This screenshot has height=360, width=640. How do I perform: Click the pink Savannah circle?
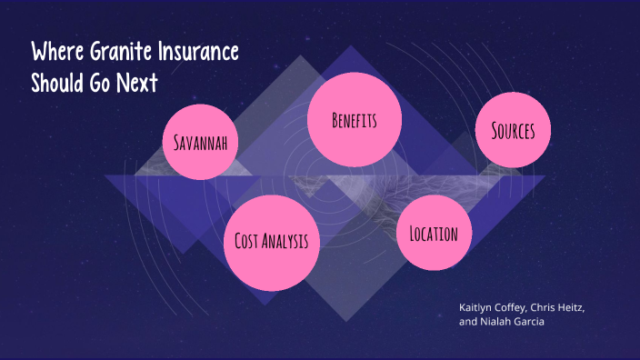[200, 143]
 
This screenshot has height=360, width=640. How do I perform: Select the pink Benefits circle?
[354, 121]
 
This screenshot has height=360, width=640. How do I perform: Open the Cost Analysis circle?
[271, 241]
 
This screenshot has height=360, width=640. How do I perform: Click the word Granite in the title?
[122, 52]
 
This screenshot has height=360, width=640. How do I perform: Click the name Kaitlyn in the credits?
[478, 307]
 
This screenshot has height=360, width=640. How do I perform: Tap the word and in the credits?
[468, 322]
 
